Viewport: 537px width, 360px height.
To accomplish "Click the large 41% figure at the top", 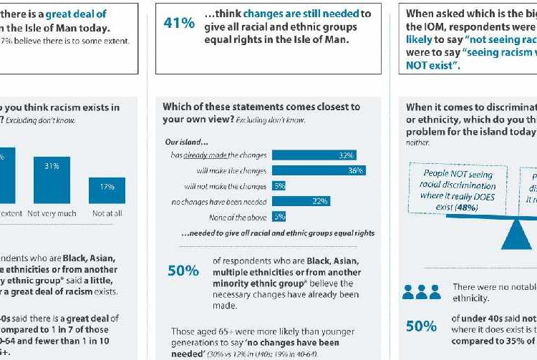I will (179, 22).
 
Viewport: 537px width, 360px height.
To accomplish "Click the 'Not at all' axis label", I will (107, 213).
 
